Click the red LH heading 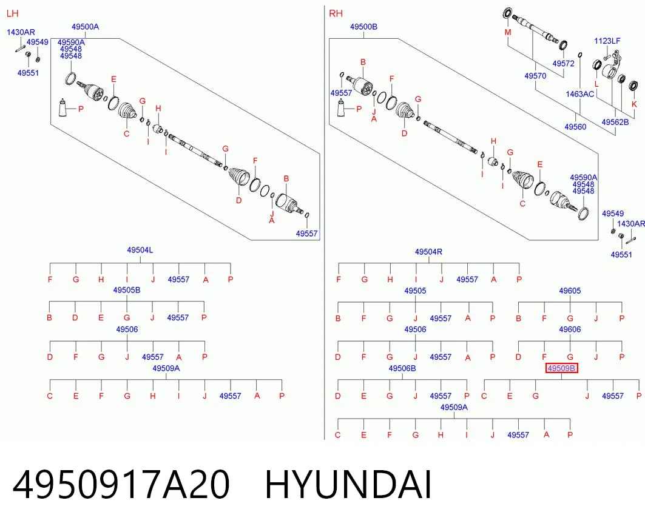click(13, 13)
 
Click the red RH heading click(336, 13)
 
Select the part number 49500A click(85, 27)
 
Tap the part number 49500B click(363, 27)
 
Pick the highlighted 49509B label click(561, 368)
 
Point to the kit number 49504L click(140, 250)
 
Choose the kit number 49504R click(428, 252)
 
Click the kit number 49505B click(127, 290)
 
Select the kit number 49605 click(570, 291)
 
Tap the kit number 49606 click(570, 329)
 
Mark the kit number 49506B click(402, 368)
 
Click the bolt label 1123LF click(607, 41)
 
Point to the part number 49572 click(564, 63)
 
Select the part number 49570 click(536, 76)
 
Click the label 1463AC click(580, 94)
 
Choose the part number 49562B click(615, 122)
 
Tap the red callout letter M click(508, 33)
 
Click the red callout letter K click(634, 104)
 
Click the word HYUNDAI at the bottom click(348, 485)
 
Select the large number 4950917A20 click(121, 485)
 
